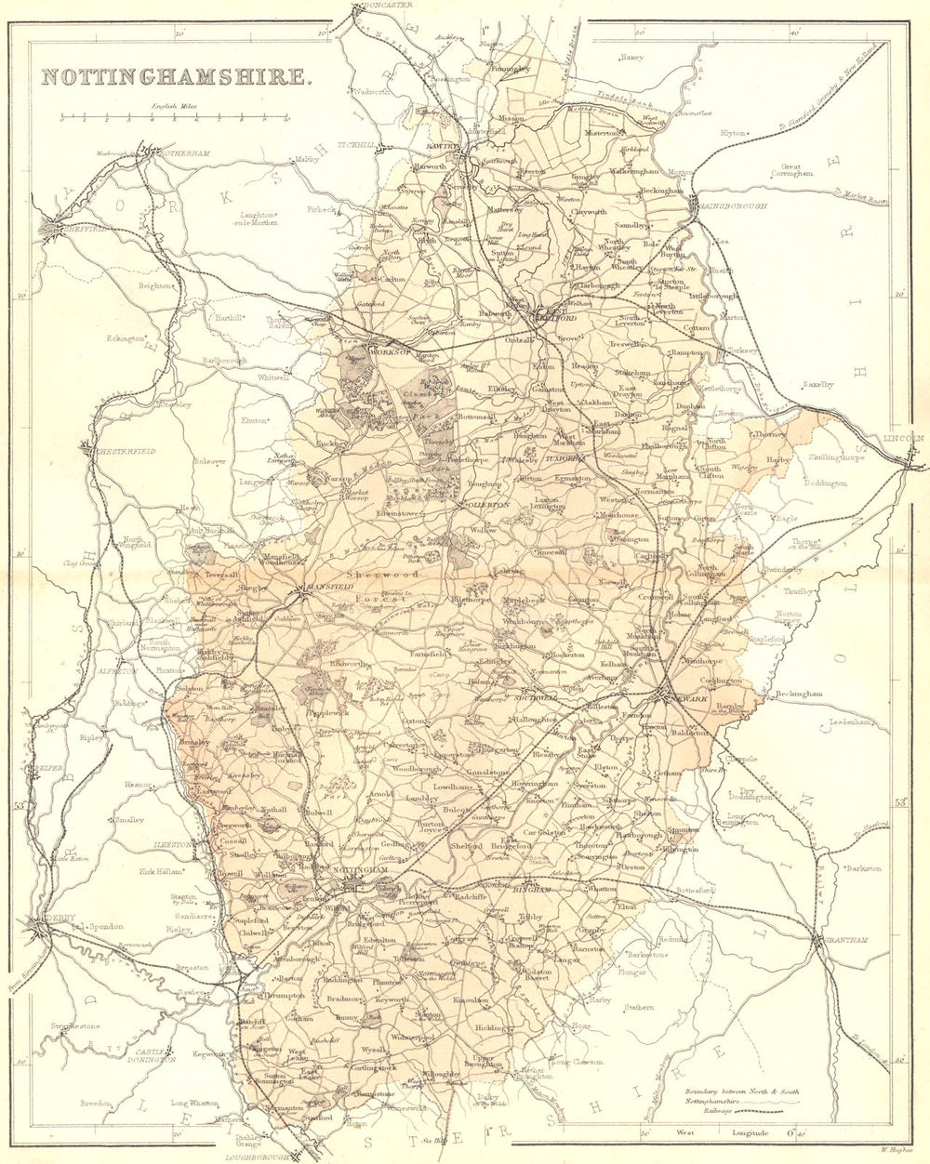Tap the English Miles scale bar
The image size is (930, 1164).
[x=174, y=119]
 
